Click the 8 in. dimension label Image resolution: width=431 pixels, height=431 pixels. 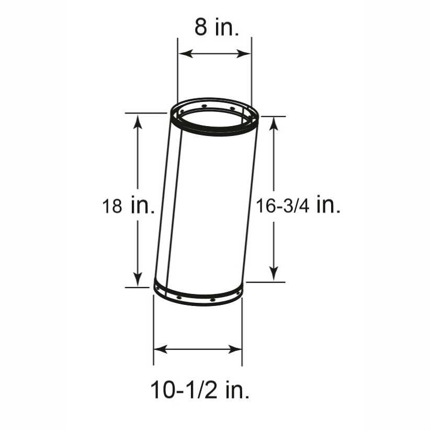tap(217, 27)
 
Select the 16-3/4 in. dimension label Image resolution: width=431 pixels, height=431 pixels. tap(298, 205)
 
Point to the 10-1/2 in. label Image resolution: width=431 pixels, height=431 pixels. tap(200, 390)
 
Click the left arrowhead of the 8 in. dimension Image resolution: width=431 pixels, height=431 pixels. tap(185, 53)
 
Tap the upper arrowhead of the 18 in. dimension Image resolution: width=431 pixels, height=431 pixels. tap(138, 121)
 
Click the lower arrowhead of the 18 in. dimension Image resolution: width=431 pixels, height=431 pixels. tap(138, 279)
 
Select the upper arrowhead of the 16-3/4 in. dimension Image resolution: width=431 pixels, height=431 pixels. tap(274, 124)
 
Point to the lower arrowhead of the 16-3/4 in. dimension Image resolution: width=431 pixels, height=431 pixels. tap(274, 274)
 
